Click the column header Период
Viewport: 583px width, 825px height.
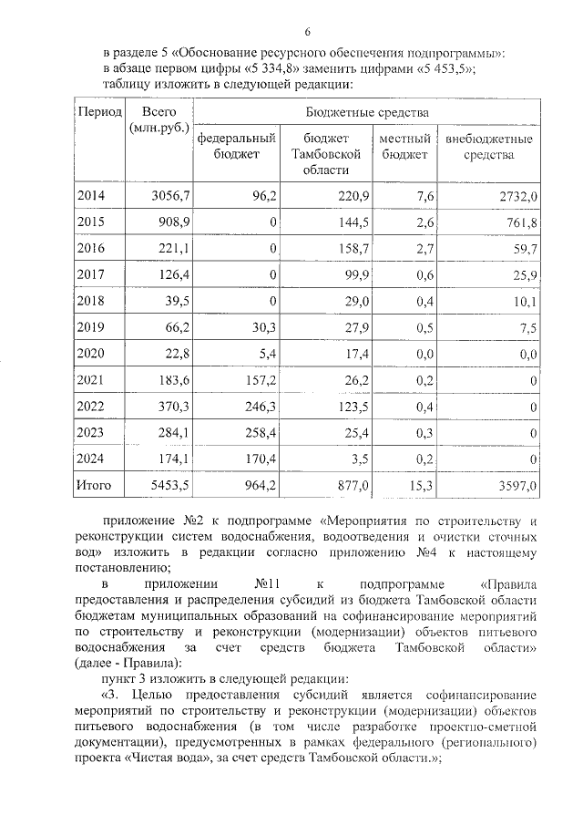coord(99,112)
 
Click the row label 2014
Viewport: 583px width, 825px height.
coord(91,196)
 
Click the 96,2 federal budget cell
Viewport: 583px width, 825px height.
coord(263,196)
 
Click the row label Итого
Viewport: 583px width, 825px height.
coord(94,487)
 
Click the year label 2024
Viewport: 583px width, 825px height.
coord(91,459)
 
